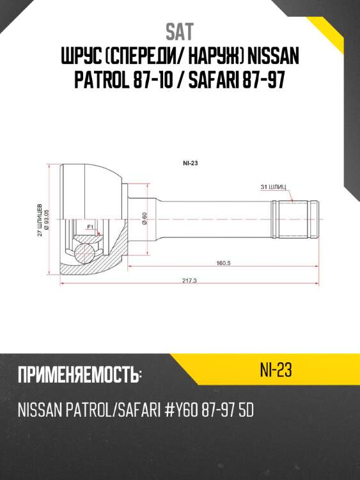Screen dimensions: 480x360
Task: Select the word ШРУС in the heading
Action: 79,58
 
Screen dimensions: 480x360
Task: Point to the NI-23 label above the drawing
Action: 190,164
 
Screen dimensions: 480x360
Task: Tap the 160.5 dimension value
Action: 223,263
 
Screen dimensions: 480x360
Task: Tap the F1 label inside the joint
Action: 90,227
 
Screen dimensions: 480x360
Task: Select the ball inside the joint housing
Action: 82,252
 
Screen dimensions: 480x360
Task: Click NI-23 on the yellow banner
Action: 276,370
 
